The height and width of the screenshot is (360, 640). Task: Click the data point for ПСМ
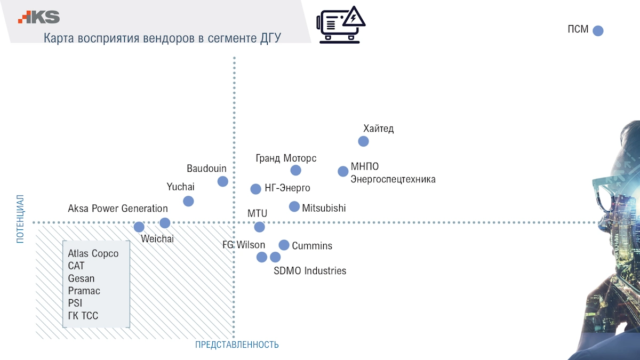(598, 30)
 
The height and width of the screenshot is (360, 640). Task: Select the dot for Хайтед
(363, 141)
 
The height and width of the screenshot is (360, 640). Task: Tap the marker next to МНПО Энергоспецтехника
(343, 171)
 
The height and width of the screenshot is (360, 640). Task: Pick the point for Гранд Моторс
(295, 170)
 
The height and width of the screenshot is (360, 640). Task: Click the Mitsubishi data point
(294, 206)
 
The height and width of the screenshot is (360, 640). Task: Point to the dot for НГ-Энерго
(255, 189)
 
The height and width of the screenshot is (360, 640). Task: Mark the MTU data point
(259, 227)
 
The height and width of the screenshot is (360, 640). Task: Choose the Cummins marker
(284, 245)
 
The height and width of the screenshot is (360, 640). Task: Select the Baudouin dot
(223, 181)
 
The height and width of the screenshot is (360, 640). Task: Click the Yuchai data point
(188, 201)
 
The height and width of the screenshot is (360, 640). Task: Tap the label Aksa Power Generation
(118, 209)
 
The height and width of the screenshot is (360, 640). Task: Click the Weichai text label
(157, 239)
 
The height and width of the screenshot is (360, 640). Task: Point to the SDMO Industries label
(310, 271)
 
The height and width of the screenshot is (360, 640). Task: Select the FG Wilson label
(244, 245)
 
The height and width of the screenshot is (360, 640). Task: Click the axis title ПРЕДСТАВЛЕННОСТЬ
(237, 345)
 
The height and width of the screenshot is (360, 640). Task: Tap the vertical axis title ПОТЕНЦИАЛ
(20, 219)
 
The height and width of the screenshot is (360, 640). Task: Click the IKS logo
(39, 17)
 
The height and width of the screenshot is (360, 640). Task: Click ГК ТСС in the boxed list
(83, 316)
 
